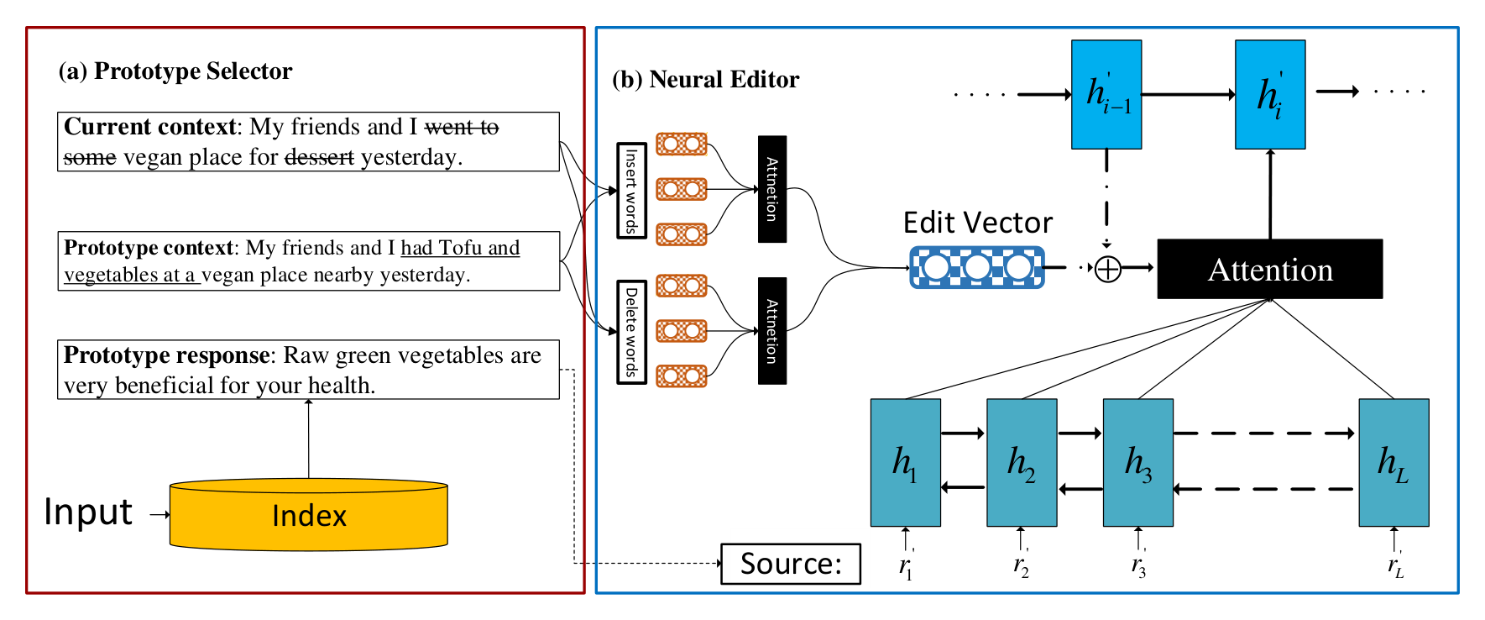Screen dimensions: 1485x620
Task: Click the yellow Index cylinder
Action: tap(309, 515)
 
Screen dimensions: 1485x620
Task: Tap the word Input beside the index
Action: tap(88, 512)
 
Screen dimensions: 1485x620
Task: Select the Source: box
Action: tap(791, 564)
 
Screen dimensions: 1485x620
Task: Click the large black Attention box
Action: tap(1269, 269)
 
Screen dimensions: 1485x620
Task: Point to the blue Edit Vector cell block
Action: tap(977, 268)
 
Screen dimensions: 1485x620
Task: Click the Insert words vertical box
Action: tap(631, 191)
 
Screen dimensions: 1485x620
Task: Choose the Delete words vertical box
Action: tap(631, 332)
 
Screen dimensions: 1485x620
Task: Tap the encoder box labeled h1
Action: tap(905, 462)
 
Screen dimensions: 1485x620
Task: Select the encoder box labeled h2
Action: tap(1022, 462)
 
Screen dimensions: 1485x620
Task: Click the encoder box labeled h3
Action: tap(1137, 462)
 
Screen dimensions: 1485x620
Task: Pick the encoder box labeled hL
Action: tap(1393, 462)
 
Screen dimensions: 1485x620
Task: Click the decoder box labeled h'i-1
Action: tap(1106, 94)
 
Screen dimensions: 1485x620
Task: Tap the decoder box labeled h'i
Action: tap(1270, 94)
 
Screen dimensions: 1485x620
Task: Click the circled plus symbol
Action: tap(1108, 269)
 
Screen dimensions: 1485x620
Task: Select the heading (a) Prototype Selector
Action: tap(175, 71)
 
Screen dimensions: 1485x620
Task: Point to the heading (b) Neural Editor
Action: tap(706, 80)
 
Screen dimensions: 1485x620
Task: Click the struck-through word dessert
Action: tap(319, 157)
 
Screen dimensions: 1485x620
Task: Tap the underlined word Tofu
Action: tap(460, 248)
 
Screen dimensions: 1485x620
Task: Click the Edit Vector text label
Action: tap(977, 223)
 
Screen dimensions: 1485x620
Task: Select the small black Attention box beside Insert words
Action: tap(772, 189)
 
